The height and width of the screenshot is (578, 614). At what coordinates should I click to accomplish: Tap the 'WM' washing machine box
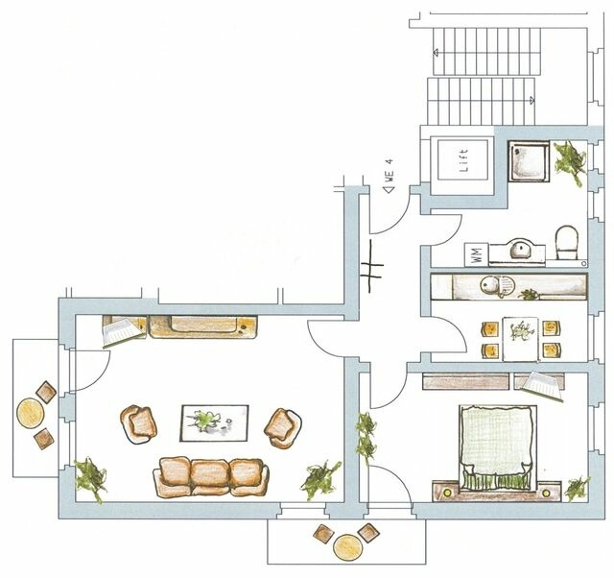(x=476, y=253)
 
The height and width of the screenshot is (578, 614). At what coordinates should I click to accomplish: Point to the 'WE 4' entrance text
(x=390, y=181)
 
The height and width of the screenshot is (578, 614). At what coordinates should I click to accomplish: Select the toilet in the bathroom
(x=565, y=244)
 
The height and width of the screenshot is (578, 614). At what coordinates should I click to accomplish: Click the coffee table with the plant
(x=215, y=420)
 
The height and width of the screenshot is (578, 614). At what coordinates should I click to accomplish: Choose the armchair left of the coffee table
(x=140, y=422)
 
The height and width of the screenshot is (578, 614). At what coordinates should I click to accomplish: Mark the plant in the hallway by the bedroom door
(x=366, y=435)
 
